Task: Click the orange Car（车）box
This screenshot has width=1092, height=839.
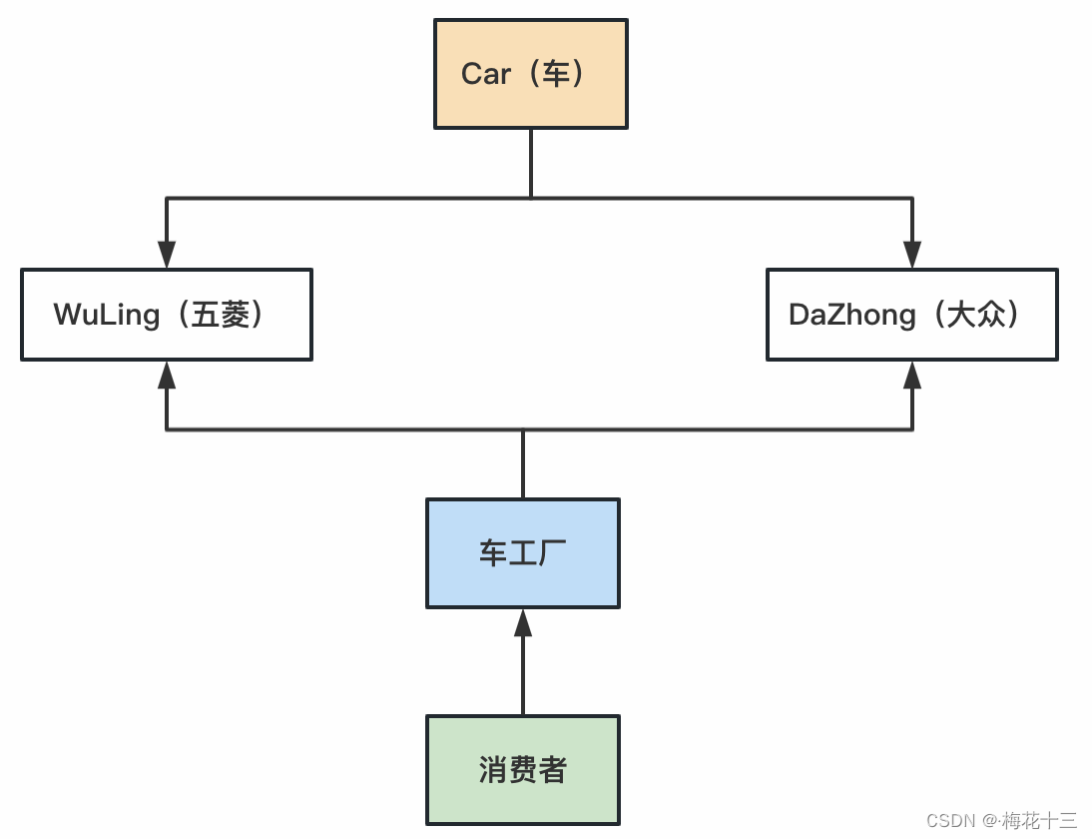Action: [x=530, y=74]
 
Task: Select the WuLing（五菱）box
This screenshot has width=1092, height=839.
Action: [x=166, y=315]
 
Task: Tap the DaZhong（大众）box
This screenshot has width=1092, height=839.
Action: [x=911, y=315]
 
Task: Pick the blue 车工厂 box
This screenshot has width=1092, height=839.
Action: [x=522, y=553]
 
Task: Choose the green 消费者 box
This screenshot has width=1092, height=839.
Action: [x=522, y=769]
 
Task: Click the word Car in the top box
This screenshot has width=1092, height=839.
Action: [x=486, y=74]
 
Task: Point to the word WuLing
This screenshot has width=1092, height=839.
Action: [x=107, y=315]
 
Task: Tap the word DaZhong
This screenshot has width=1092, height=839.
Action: [x=851, y=315]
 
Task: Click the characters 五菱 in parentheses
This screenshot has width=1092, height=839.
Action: [x=221, y=315]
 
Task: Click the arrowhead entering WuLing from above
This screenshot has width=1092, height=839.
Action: [x=167, y=255]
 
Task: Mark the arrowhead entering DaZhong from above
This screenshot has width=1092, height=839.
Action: [x=911, y=255]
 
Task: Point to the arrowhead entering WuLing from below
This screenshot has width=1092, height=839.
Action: [x=167, y=375]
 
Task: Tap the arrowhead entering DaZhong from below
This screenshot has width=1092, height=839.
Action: [x=911, y=375]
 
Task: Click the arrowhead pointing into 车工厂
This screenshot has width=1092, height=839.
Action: [x=522, y=622]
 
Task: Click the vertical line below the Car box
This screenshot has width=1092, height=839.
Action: [x=530, y=163]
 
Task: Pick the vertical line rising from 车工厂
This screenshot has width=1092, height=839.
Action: [x=522, y=464]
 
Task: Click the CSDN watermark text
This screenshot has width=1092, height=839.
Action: [x=950, y=821]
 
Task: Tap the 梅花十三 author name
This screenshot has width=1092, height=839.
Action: [x=1039, y=821]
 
